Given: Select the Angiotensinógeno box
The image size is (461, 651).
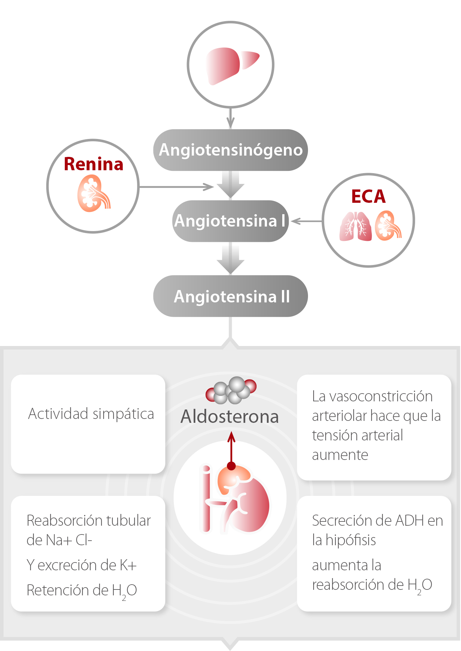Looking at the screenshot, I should [230, 150].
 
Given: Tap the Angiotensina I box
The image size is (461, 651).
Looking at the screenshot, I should [230, 221].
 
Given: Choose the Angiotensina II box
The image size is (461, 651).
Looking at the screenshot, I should [230, 296].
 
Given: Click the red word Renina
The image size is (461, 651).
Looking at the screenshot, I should [93, 164].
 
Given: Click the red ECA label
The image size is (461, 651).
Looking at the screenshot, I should [368, 196].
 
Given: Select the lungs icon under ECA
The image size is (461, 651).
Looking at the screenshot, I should [356, 226].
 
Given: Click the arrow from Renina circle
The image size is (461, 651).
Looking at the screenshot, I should [176, 187].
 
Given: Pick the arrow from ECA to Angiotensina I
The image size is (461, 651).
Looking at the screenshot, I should [306, 221].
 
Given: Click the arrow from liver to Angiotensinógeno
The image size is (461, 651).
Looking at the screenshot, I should [230, 119].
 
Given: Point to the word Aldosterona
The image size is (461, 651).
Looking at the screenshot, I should [230, 417].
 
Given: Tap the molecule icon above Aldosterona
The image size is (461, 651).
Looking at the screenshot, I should [231, 390].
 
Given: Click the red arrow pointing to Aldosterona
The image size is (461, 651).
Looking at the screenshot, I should [231, 449].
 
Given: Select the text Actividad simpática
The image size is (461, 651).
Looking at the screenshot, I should [91, 414].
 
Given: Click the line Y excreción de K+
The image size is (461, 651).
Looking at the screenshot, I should [81, 565].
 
